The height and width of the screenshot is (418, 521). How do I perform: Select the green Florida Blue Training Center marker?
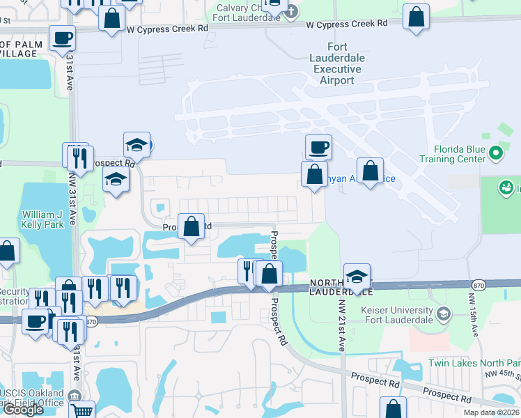(x=496, y=152)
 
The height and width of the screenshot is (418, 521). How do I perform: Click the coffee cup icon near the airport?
(x=318, y=147)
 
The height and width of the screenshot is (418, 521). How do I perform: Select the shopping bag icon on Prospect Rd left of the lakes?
(x=191, y=226)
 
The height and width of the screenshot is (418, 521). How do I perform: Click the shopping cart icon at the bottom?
(x=82, y=410)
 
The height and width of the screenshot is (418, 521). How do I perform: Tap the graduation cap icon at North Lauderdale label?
(x=357, y=276)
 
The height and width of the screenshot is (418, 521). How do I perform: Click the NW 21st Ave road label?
(x=341, y=325)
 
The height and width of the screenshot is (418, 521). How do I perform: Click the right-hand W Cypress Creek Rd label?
(x=347, y=24)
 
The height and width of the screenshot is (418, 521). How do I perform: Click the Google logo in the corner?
(x=23, y=410)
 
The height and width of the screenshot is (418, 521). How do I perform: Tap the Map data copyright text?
(x=491, y=412)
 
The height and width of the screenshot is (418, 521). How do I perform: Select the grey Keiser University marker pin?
(x=442, y=314)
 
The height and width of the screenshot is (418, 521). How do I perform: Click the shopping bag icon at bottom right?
(x=394, y=408)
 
